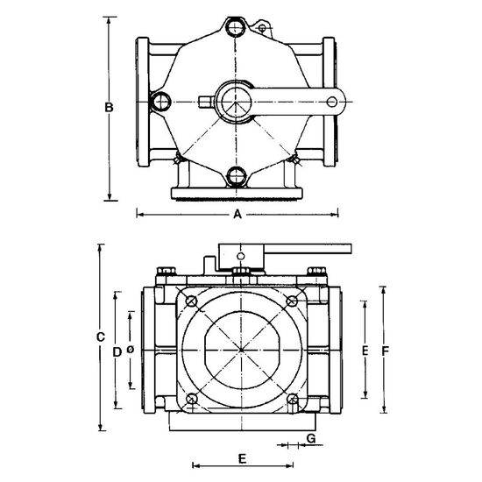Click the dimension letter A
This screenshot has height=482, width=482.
(237, 214)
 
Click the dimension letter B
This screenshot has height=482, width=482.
(109, 107)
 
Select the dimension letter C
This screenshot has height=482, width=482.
(101, 337)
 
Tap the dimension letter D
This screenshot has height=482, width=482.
(117, 352)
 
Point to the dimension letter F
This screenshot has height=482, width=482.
(386, 351)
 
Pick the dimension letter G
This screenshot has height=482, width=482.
(311, 438)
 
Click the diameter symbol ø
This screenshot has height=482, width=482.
(131, 350)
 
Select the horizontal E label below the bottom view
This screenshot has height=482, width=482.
(242, 459)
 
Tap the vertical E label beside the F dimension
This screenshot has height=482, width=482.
(365, 351)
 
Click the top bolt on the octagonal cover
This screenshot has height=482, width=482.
(235, 26)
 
